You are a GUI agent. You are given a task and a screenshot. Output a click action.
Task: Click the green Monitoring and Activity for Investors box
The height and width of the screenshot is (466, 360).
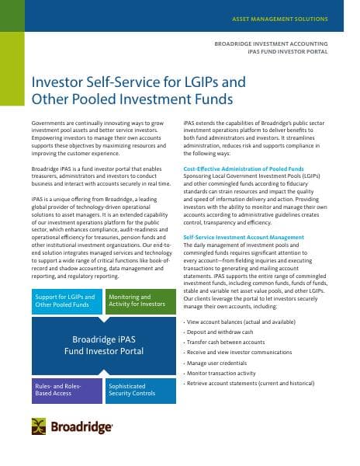[x=137, y=301]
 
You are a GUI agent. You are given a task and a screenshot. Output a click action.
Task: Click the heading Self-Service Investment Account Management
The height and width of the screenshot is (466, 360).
[x=244, y=236]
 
